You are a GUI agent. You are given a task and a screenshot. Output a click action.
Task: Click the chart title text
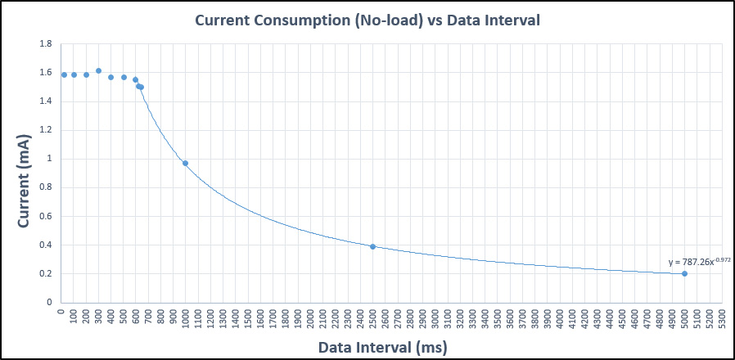click(367, 20)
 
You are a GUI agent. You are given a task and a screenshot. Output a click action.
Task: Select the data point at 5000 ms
click(684, 273)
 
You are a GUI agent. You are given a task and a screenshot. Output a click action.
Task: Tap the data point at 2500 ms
click(372, 246)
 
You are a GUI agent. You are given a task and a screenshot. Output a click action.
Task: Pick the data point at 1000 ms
click(185, 163)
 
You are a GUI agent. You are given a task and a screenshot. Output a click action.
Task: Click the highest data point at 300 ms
click(98, 70)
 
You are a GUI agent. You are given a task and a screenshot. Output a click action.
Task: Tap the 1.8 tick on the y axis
click(46, 43)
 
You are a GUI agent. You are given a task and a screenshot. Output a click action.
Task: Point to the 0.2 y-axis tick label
click(46, 273)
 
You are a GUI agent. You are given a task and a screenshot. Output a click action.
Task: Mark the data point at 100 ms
click(74, 74)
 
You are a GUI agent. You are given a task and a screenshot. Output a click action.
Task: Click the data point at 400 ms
click(110, 77)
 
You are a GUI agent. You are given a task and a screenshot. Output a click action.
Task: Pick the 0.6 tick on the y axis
click(46, 216)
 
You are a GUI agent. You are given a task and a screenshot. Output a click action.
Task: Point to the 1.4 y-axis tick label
click(46, 101)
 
